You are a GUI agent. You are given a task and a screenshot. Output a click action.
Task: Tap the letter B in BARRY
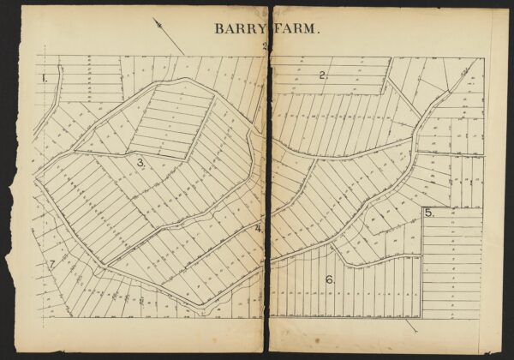(x=218, y=28)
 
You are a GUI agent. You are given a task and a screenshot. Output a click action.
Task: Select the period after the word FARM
(x=320, y=32)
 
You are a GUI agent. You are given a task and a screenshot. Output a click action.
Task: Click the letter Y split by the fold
(x=265, y=28)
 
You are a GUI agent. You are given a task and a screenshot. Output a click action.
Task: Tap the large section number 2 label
(x=323, y=75)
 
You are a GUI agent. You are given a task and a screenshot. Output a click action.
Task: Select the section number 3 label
(x=140, y=162)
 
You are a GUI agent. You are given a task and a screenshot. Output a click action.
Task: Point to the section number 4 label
(x=258, y=228)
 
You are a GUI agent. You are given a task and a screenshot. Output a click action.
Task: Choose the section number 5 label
(x=428, y=213)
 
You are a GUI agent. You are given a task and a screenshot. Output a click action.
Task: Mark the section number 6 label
(x=329, y=279)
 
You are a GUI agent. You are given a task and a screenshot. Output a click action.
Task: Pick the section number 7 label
(x=51, y=264)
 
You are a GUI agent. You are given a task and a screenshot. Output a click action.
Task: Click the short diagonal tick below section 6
(x=412, y=325)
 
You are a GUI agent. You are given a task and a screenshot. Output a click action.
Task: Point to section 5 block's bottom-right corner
(x=483, y=317)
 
